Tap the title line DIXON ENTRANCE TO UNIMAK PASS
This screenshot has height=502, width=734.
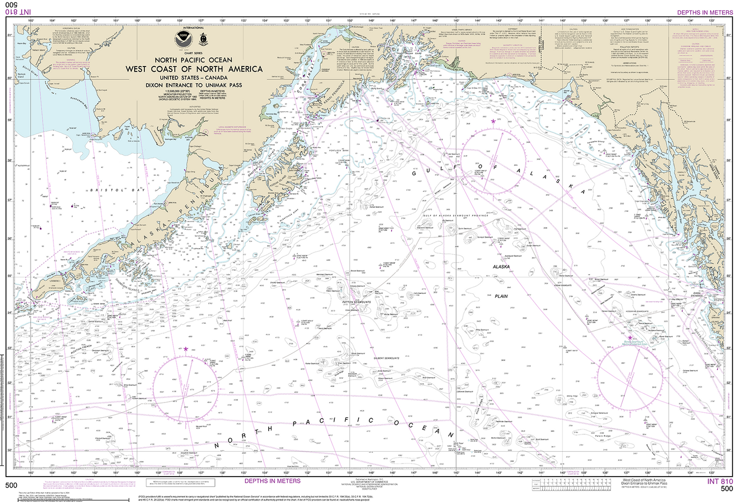tap(194, 85)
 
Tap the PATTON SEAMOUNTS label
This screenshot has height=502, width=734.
tap(357, 302)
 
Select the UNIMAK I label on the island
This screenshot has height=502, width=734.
tap(55, 281)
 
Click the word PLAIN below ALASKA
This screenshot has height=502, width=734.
tap(501, 296)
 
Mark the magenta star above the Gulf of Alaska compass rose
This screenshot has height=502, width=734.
tap(493, 121)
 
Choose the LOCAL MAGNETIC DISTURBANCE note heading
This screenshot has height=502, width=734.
tap(232, 127)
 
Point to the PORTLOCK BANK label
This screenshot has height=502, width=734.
tap(339, 150)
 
